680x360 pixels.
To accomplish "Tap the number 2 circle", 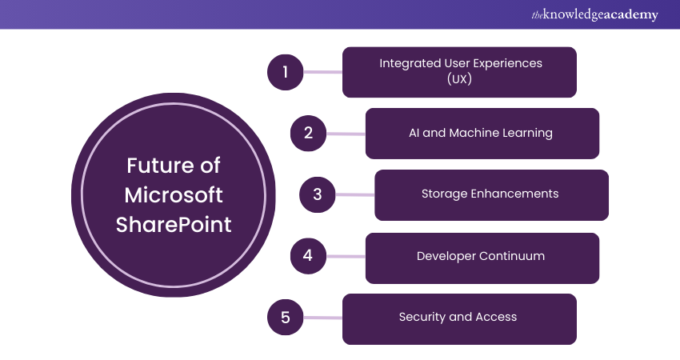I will (309, 133).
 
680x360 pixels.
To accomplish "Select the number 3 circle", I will (318, 194).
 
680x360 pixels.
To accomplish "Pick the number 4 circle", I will (309, 257).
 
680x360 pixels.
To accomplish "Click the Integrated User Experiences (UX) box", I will (459, 72).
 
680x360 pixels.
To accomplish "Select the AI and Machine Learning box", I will (482, 133).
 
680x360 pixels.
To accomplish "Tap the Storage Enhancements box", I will (491, 194).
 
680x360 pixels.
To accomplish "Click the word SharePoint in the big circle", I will (174, 225).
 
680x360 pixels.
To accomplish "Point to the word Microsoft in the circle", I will (174, 195).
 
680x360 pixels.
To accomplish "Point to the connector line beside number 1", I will (325, 72).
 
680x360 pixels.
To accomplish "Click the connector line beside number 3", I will (356, 194).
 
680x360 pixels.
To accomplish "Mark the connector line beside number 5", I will (325, 318).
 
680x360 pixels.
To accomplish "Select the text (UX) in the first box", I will (459, 80).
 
